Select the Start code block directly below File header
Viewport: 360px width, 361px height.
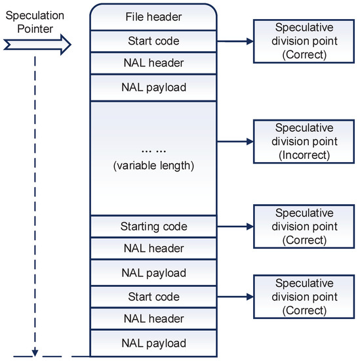click(x=153, y=41)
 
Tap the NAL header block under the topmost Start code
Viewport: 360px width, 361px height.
click(x=153, y=64)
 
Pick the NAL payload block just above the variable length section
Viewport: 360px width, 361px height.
click(x=153, y=88)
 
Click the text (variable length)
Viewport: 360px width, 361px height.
click(x=153, y=165)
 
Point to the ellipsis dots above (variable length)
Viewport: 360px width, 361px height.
click(x=153, y=147)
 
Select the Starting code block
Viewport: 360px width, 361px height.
click(x=153, y=226)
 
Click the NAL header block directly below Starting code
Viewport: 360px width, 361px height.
click(x=153, y=249)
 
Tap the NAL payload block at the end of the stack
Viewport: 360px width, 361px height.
click(x=153, y=343)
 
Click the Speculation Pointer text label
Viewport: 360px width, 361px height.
click(x=31, y=24)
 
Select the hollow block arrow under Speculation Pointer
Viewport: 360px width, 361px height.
click(x=37, y=45)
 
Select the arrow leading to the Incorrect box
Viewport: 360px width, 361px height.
click(x=234, y=140)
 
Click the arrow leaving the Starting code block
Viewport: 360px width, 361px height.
click(x=234, y=226)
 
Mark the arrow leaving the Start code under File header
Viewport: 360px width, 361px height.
click(x=234, y=41)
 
